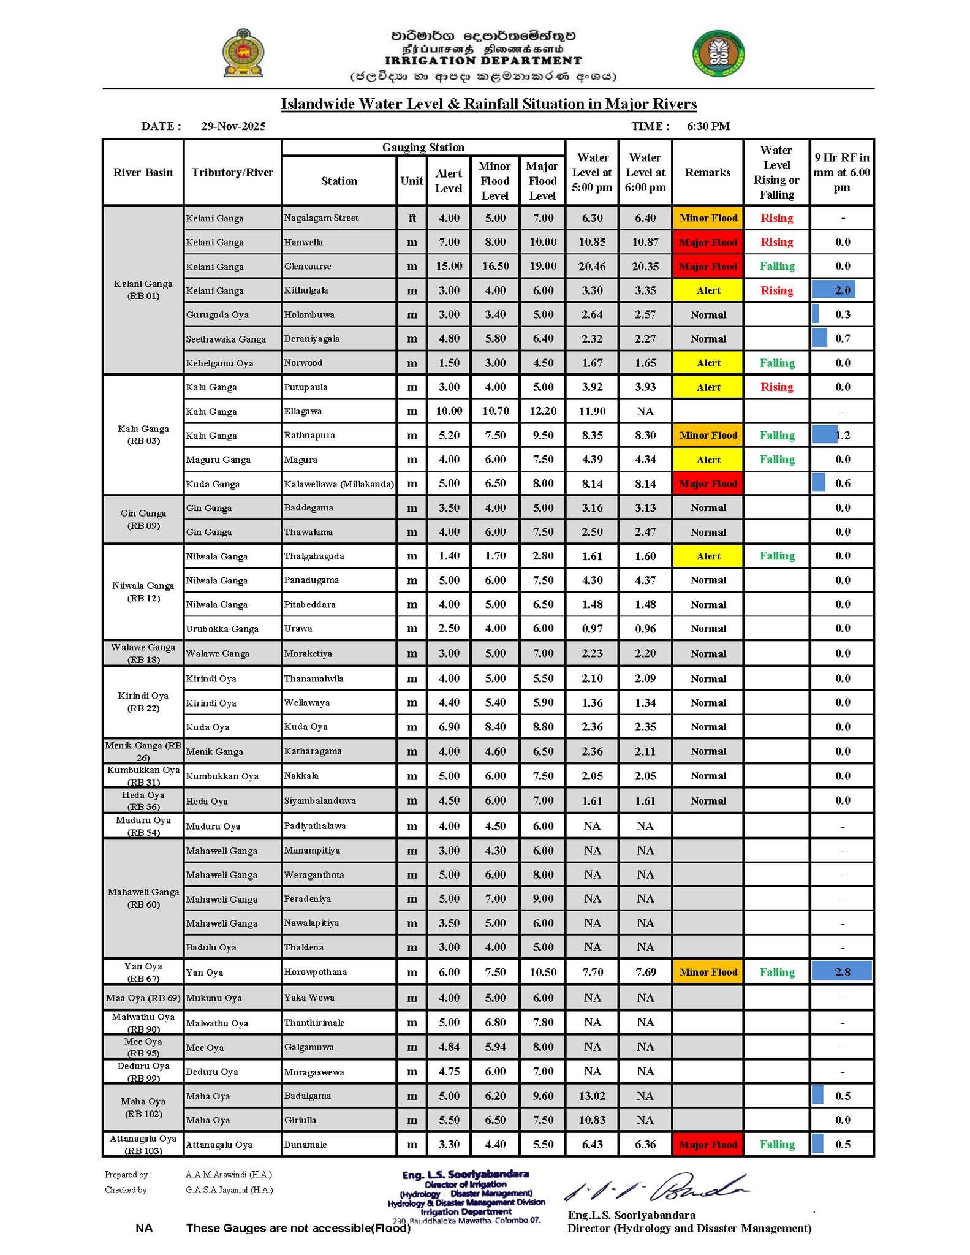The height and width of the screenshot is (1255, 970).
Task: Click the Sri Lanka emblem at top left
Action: click(x=243, y=53)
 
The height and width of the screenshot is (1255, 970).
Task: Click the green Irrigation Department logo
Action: click(x=719, y=53)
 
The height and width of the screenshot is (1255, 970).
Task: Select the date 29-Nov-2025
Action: click(x=233, y=126)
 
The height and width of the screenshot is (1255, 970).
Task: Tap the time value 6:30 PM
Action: click(x=708, y=126)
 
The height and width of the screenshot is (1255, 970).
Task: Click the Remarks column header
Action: click(x=707, y=173)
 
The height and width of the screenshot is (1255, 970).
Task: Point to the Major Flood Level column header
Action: click(x=542, y=181)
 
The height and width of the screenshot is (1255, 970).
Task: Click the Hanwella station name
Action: click(x=303, y=242)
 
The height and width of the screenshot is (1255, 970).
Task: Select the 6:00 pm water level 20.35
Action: click(x=645, y=267)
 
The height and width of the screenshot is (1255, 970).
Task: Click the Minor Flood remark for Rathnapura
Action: click(x=708, y=436)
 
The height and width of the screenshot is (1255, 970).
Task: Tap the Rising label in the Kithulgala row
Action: click(x=776, y=290)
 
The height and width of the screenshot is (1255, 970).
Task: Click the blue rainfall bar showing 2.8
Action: click(x=841, y=972)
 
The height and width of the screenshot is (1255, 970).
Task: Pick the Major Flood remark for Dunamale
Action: click(x=708, y=1145)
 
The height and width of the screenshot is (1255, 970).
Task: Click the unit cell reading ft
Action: click(x=412, y=218)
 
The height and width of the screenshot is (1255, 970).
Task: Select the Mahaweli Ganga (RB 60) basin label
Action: click(x=143, y=898)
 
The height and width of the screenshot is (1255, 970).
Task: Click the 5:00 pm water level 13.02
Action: click(x=592, y=1096)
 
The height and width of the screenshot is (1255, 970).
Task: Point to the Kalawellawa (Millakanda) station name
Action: click(x=339, y=484)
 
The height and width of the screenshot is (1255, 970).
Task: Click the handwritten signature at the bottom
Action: click(x=656, y=1189)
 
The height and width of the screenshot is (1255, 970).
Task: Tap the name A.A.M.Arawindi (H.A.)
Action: click(x=229, y=1175)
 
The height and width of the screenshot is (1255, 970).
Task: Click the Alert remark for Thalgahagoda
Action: click(x=708, y=556)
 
